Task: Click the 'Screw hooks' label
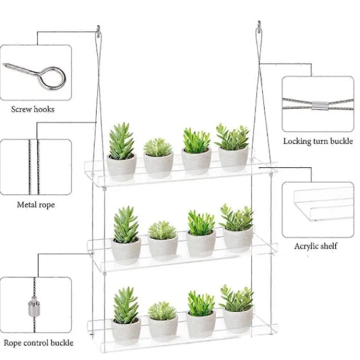tap(33, 109)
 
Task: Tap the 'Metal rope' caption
tap(36, 205)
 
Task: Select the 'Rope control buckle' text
tap(38, 343)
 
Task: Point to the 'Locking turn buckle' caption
tap(318, 141)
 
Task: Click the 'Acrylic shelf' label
tap(316, 246)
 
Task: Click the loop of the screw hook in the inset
tap(52, 78)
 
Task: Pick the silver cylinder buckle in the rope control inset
tap(34, 307)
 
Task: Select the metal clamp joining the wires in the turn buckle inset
tap(318, 105)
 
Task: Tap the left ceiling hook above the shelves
tap(98, 31)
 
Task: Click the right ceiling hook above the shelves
tap(259, 27)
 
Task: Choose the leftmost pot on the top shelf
tap(122, 167)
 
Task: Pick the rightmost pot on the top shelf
tap(233, 159)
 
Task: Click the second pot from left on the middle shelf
tap(163, 247)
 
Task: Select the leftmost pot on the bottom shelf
tap(126, 331)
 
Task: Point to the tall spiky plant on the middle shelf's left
tap(126, 224)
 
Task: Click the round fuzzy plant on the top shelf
tap(158, 147)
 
